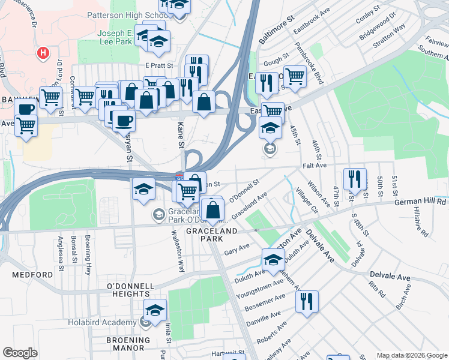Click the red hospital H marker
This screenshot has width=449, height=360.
coord(43,53)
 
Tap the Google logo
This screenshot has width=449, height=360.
coord(20,352)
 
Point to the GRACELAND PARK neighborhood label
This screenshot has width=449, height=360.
coord(212,235)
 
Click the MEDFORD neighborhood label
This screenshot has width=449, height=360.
coord(32,274)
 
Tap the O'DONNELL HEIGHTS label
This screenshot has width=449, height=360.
coord(127,289)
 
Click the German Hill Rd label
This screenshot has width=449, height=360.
coord(420,202)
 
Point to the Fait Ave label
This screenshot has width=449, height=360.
coord(314,164)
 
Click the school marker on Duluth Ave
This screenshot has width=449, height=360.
coord(273,260)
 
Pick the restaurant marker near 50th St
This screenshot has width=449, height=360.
coord(355,178)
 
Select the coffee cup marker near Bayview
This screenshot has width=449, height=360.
coord(26,109)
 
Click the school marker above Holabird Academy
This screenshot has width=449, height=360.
coord(155,310)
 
